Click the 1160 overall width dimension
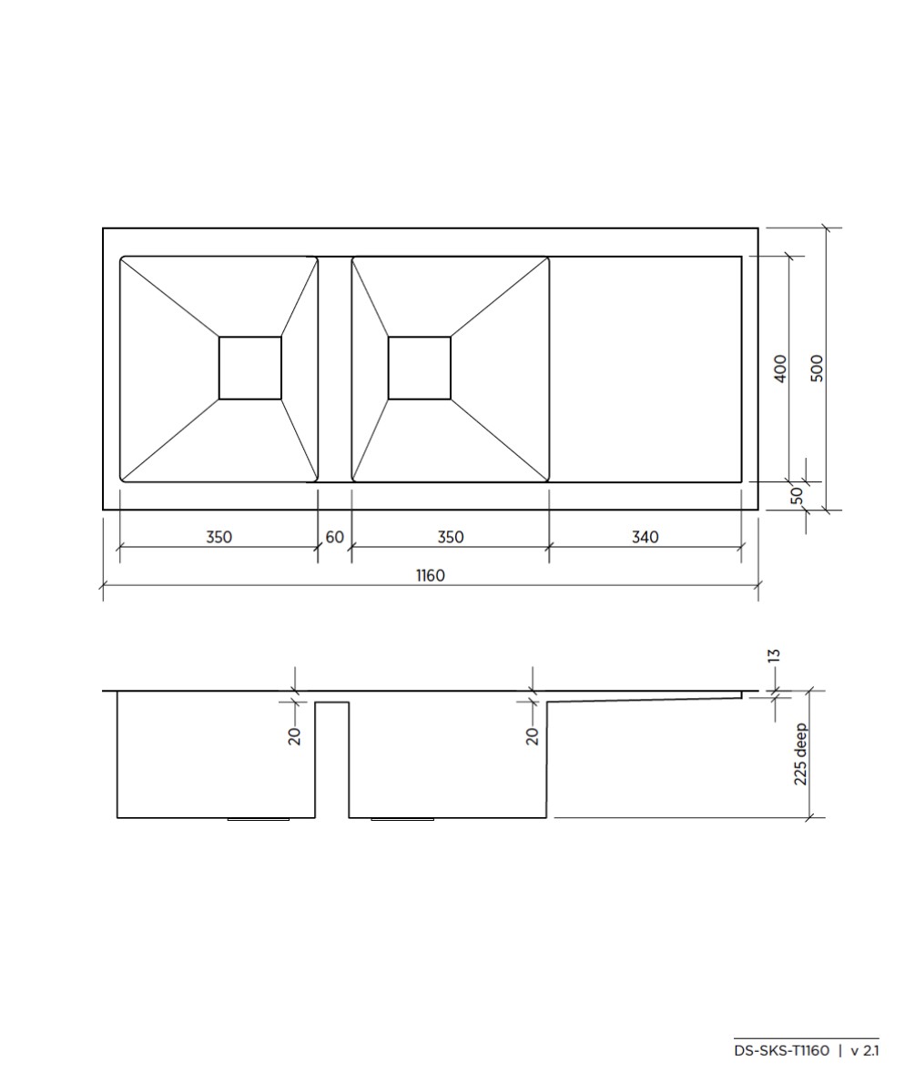pos(431,575)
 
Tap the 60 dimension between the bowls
pos(334,537)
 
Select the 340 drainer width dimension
pos(645,537)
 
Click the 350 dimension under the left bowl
pos(219,537)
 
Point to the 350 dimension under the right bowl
pos(450,537)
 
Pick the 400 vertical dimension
pos(780,369)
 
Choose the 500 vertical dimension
pos(817,368)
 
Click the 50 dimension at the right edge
pos(797,495)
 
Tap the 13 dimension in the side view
pos(775,655)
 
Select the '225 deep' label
pos(800,753)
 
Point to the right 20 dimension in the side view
pos(533,736)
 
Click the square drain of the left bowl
pos(250,368)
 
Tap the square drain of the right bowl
pos(420,368)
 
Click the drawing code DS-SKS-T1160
pos(781,1051)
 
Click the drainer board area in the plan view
pos(646,369)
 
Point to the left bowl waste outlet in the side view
pos(258,819)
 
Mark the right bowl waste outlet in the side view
pos(402,819)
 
